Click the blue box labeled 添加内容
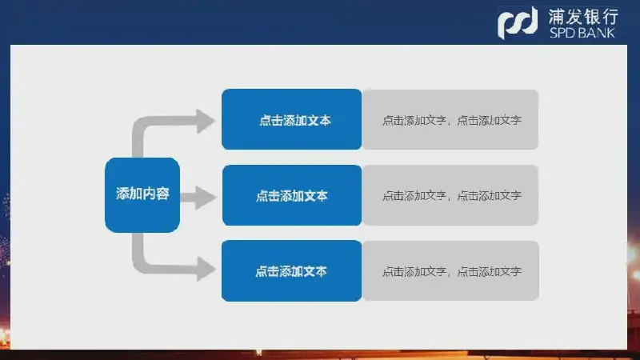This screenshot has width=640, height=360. (142, 194)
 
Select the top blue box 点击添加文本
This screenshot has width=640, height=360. (291, 119)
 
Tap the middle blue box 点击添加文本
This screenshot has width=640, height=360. (292, 195)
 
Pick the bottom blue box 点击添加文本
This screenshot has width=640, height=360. (291, 270)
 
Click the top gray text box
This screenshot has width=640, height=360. (450, 119)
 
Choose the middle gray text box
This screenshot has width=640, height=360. (450, 195)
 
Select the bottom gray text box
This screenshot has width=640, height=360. (450, 270)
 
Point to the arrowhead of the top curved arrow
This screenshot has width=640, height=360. (206, 121)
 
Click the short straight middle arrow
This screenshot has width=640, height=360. (198, 198)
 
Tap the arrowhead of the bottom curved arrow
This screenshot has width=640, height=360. (206, 269)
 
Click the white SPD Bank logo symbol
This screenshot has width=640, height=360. (518, 23)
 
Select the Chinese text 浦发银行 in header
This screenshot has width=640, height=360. (583, 18)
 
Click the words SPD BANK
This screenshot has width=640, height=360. (582, 33)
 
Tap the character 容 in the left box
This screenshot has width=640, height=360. (162, 194)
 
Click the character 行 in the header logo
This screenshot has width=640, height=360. (610, 18)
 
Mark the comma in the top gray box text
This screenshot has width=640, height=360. (450, 123)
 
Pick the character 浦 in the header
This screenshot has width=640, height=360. (556, 18)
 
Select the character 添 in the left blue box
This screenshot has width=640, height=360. (122, 194)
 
